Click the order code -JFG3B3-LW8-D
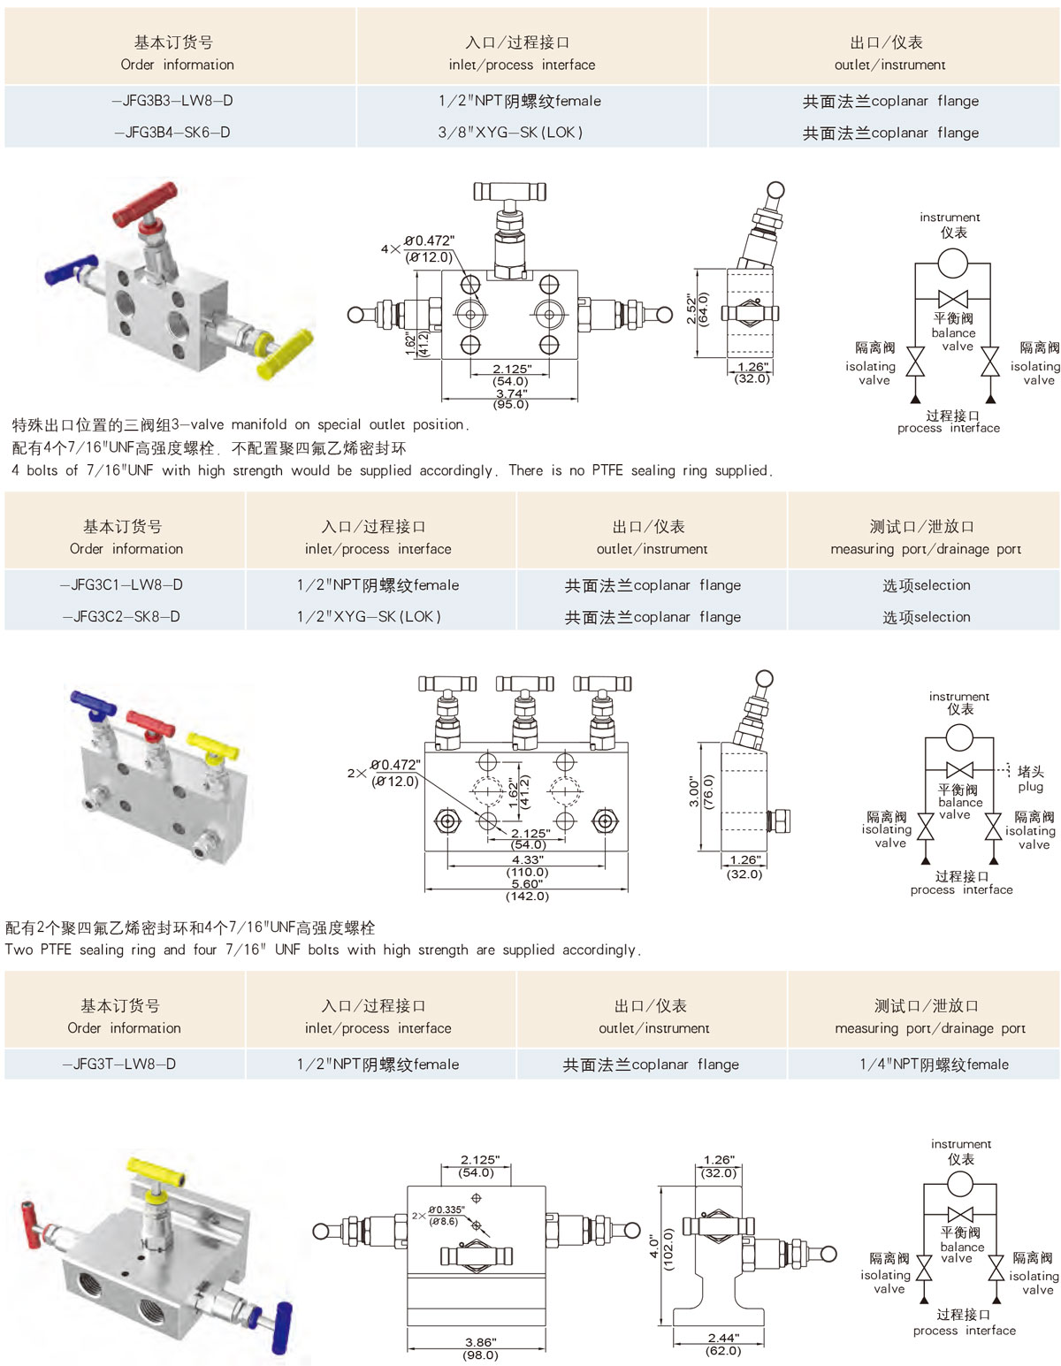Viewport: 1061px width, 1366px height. pos(173,101)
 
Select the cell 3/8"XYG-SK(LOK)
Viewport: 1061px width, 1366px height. pos(510,133)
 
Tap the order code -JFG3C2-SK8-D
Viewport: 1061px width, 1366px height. pos(121,616)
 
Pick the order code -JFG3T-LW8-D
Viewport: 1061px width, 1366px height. pos(119,1064)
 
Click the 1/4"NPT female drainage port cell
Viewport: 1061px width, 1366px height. pos(934,1065)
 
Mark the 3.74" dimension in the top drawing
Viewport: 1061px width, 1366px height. pos(511,394)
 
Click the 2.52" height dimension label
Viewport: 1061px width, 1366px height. pos(691,309)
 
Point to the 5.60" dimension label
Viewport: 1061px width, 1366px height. pos(527,884)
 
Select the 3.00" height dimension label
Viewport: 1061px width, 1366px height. pos(694,791)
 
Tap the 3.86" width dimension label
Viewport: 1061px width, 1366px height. pos(480,1342)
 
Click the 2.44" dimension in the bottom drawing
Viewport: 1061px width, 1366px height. pos(723,1338)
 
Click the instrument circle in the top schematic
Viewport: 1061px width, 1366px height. pos(952,263)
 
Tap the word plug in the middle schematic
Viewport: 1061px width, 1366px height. pos(1030,787)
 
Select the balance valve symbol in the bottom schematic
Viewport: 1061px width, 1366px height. pos(960,1214)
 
